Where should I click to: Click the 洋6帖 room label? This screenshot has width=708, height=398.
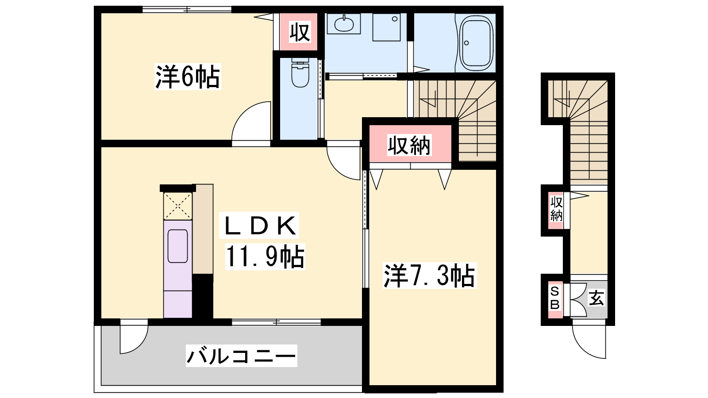(188, 77)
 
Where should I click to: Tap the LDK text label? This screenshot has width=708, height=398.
(260, 226)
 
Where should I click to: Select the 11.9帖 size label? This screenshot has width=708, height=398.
(265, 256)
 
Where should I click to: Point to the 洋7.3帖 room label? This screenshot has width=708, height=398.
(429, 276)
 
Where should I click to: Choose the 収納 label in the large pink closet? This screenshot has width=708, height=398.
(409, 145)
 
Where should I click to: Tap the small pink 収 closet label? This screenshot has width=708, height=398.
(300, 31)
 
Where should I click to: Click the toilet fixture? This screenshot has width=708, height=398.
(300, 73)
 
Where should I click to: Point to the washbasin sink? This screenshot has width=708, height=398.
(343, 24)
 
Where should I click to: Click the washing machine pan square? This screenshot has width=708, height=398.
(387, 27)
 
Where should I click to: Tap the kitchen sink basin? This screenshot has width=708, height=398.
(177, 246)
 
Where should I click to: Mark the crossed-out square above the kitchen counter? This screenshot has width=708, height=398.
(177, 206)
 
